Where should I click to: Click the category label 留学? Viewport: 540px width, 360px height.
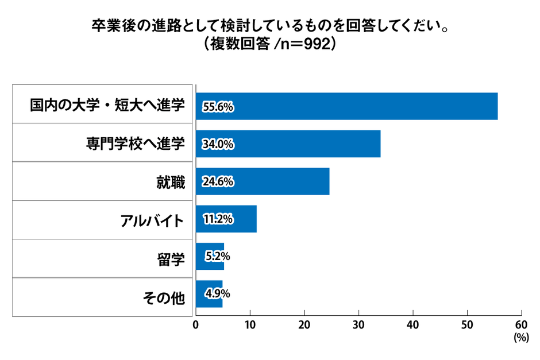click(171, 260)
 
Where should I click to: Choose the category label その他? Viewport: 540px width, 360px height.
click(163, 298)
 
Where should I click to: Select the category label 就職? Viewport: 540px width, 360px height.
click(171, 183)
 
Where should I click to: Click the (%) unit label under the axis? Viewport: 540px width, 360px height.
click(520, 338)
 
